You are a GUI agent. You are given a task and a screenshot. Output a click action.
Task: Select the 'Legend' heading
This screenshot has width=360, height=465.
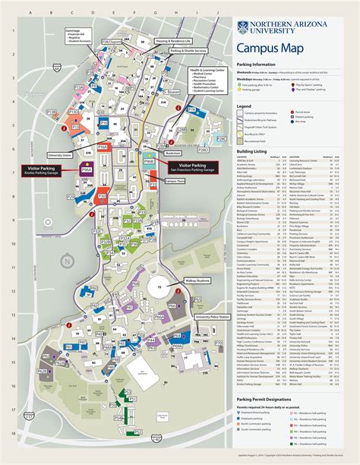245,106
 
